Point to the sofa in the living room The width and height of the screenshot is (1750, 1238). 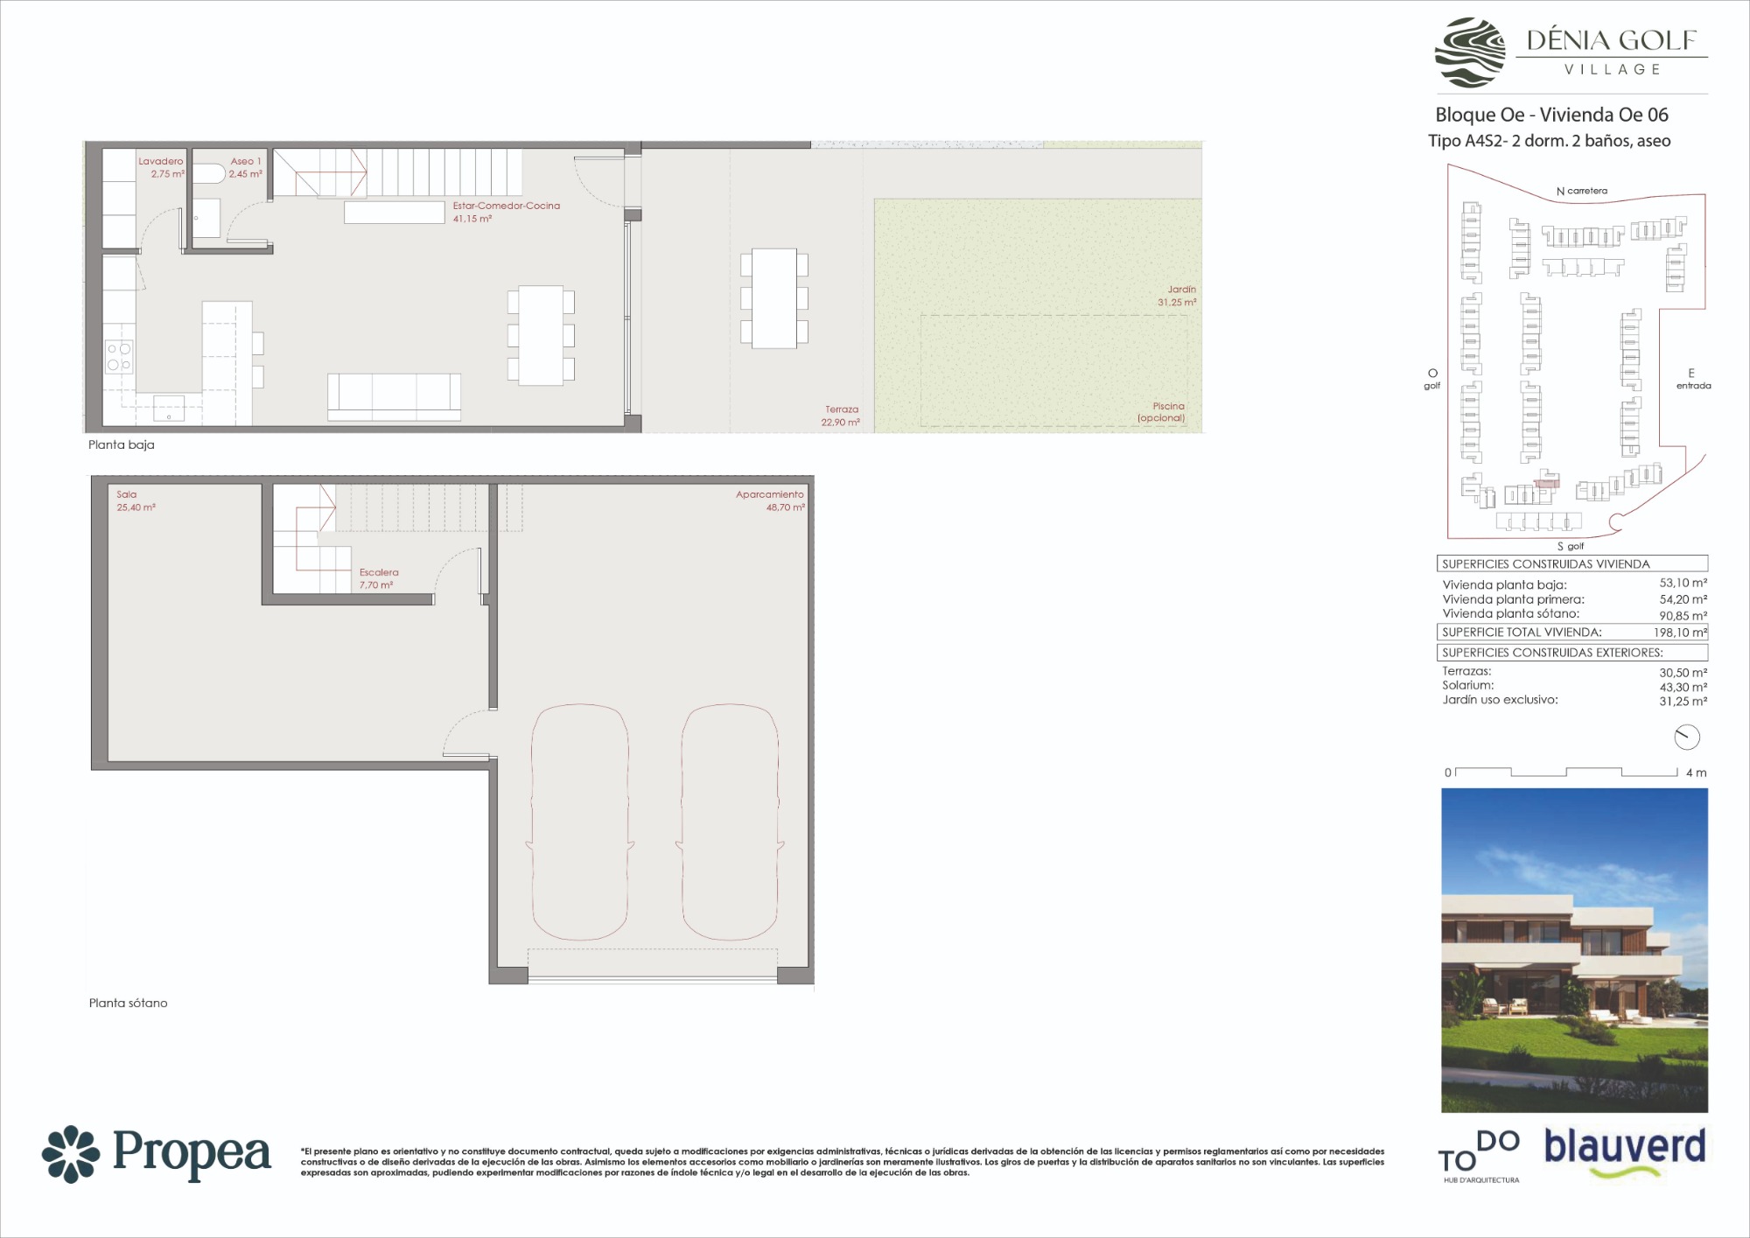(x=394, y=396)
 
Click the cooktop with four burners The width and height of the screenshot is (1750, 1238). (x=119, y=356)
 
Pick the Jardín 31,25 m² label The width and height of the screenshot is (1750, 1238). (x=1177, y=296)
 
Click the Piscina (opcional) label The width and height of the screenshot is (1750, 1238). (x=1161, y=412)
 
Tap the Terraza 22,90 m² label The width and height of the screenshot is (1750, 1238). (x=841, y=416)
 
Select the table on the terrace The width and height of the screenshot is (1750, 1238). (x=774, y=298)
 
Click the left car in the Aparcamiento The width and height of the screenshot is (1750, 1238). (x=579, y=822)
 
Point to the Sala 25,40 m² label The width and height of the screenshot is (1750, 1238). (x=136, y=500)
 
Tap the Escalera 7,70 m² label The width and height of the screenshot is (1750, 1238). (x=379, y=578)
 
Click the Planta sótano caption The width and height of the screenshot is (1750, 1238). (x=128, y=1003)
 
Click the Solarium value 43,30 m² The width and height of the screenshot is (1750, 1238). (x=1683, y=687)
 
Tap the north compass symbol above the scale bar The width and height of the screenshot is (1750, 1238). (x=1686, y=738)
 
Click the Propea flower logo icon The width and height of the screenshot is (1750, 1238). (x=71, y=1153)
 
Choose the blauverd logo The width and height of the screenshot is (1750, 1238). (x=1625, y=1153)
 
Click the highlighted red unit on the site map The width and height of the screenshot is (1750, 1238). (x=1548, y=479)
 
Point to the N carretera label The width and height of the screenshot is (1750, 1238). (x=1582, y=191)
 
